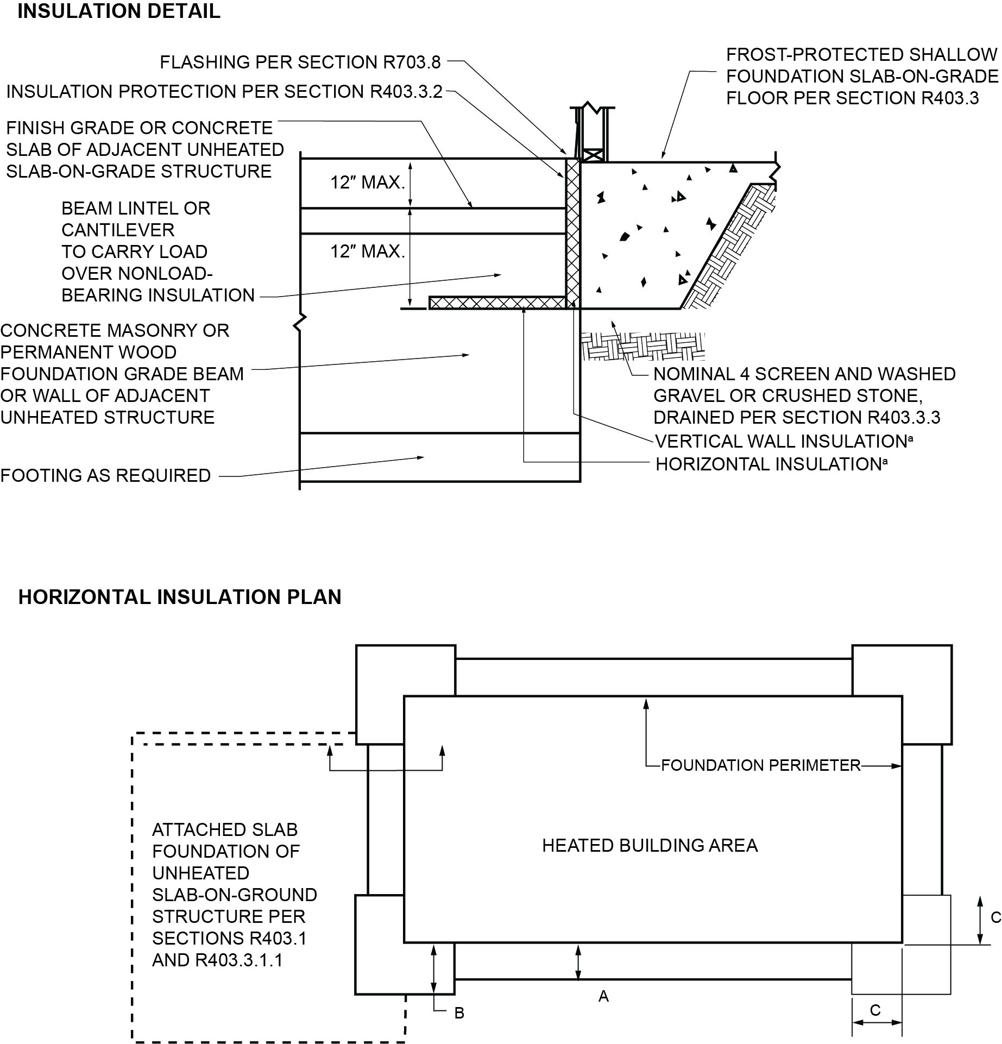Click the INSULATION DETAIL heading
click(119, 11)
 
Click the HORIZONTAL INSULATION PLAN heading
click(180, 597)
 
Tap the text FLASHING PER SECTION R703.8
click(300, 62)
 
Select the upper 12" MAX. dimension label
click(368, 183)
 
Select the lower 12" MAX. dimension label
click(368, 251)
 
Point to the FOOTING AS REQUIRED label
click(105, 476)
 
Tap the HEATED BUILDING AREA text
click(650, 846)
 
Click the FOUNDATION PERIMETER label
click(760, 765)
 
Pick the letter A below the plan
click(603, 997)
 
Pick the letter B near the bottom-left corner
click(459, 1014)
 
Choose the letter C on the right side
click(995, 917)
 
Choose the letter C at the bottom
click(875, 1010)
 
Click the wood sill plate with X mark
click(592, 155)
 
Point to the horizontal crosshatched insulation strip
click(497, 303)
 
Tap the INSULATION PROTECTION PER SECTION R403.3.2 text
click(224, 92)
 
